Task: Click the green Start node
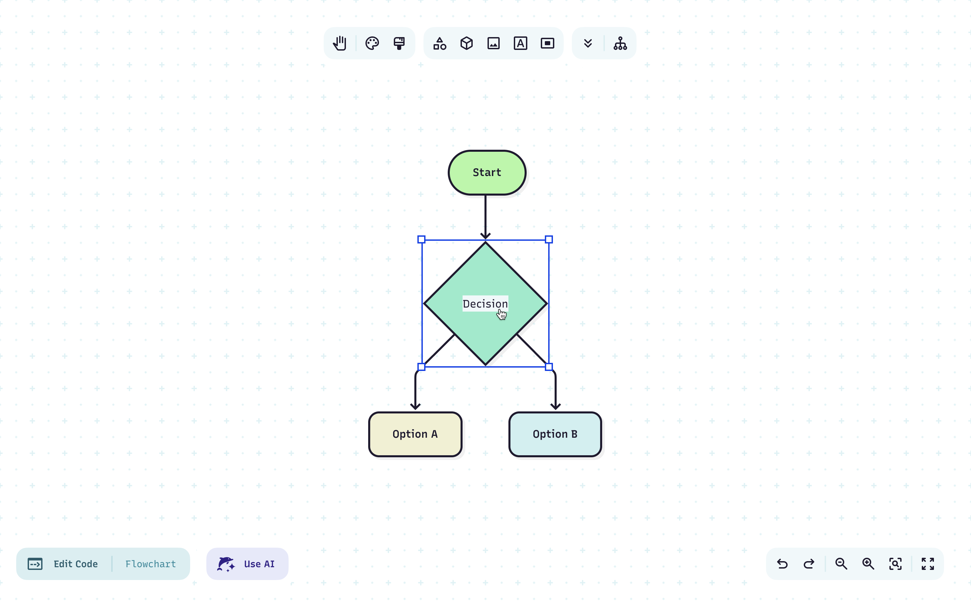[x=487, y=173]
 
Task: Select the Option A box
[x=415, y=434]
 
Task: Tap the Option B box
[x=555, y=434]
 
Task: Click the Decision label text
[x=485, y=303]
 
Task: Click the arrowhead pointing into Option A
[x=415, y=406]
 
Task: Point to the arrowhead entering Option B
[x=555, y=406]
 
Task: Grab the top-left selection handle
[x=421, y=240]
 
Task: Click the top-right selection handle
[x=549, y=240]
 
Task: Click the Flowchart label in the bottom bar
[x=150, y=564]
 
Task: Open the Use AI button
[x=247, y=564]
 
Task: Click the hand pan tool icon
[x=340, y=44]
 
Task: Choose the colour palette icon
[x=372, y=44]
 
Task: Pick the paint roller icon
[x=399, y=44]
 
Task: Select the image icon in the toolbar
[x=494, y=44]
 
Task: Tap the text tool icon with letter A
[x=521, y=44]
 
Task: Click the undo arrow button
[x=782, y=564]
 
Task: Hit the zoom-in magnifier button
[x=868, y=564]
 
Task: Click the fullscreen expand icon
[x=928, y=564]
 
